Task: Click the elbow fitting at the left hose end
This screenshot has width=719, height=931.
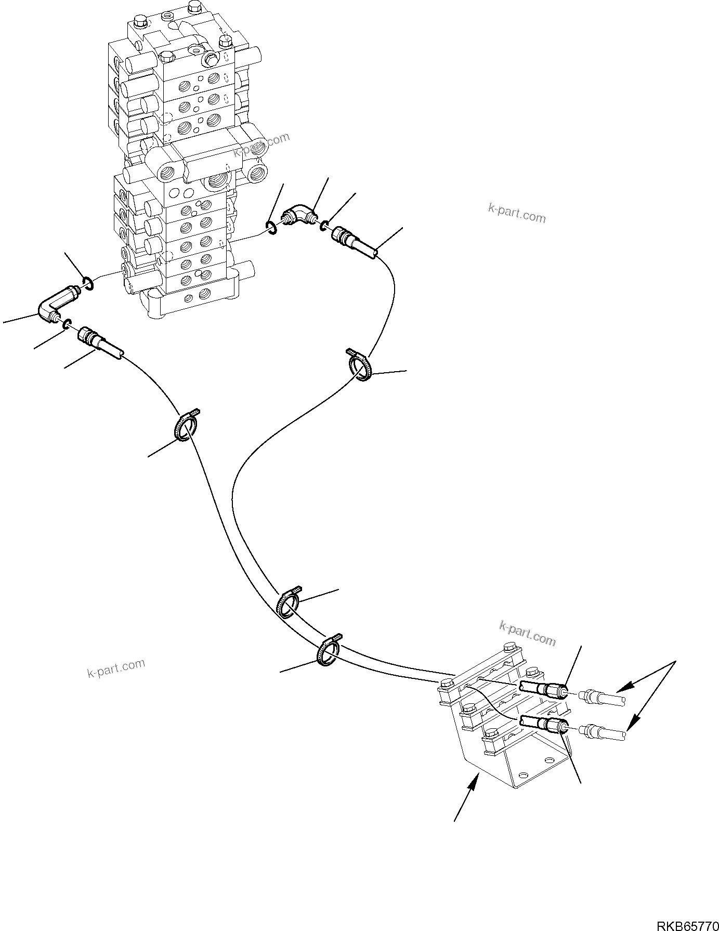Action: point(54,307)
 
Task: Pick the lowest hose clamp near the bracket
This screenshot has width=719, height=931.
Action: point(328,651)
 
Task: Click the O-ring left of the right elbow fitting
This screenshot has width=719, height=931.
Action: point(271,227)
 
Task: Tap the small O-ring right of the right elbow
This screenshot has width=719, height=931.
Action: point(323,225)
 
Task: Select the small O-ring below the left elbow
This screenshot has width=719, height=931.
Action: point(67,325)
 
